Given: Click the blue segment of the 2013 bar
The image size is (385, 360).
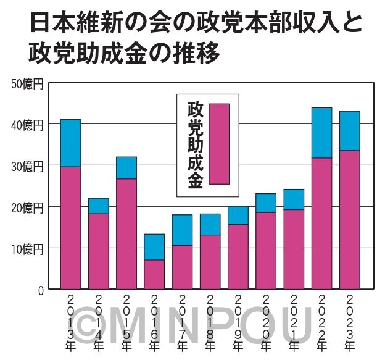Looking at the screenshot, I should pos(70,143).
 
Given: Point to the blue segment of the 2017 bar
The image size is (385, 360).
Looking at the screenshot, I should pos(182,230).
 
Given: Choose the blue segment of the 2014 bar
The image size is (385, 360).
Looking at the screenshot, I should pos(98,206).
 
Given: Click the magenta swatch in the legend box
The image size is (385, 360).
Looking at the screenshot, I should pos(219,144).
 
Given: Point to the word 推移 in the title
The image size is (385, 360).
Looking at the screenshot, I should pos(201,53).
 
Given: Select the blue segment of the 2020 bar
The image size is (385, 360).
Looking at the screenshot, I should pos(265,203).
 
